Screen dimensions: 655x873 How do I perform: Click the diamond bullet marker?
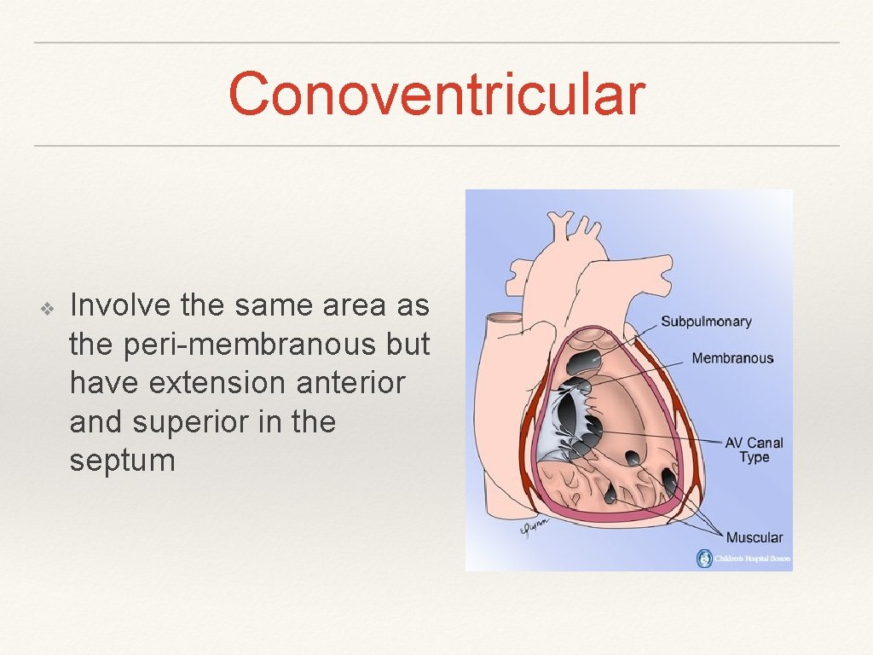pos(48,306)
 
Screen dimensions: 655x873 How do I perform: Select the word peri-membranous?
pos(241,344)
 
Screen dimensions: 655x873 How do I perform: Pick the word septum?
pos(122,461)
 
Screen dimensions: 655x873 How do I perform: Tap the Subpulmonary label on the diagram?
pos(706,322)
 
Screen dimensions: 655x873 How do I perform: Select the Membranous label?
pos(732,358)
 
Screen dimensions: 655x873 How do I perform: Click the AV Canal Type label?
pos(754,449)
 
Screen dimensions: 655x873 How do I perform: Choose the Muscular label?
pos(754,537)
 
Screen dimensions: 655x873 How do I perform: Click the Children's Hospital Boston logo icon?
pos(704,559)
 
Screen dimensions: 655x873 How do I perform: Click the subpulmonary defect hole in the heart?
pos(584,362)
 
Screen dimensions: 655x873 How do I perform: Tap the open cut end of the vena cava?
pos(503,320)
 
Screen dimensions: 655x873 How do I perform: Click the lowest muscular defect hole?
pos(610,493)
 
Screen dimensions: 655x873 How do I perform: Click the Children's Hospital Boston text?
pos(753,559)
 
